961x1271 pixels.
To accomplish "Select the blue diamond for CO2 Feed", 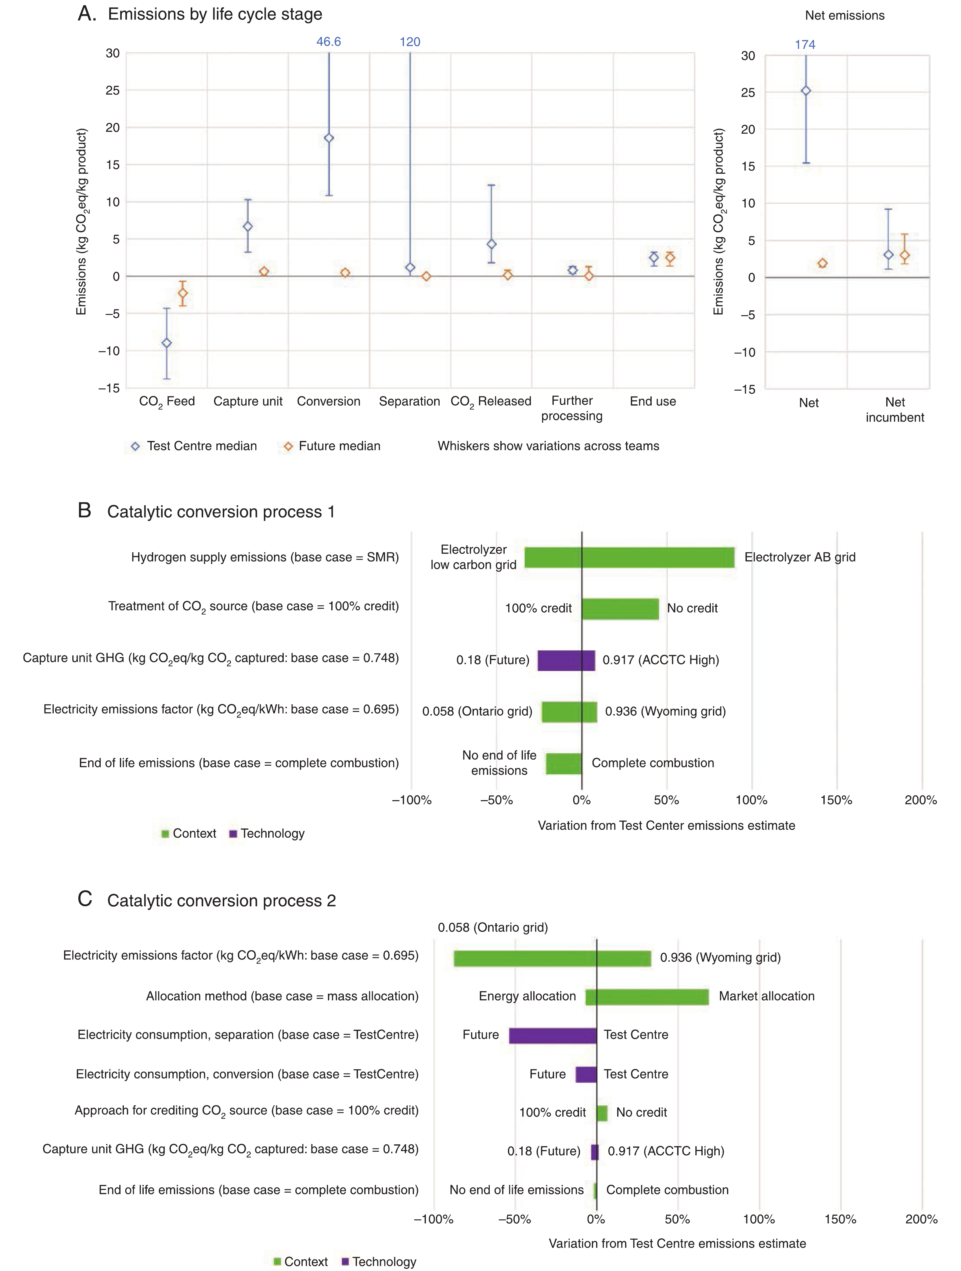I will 167,343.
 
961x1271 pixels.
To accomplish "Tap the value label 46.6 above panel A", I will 329,42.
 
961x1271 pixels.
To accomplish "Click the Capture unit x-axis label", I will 248,401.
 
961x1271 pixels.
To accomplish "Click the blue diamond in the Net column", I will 806,91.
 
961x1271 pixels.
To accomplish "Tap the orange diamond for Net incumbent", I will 905,255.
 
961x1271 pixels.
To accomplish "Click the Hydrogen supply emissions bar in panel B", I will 629,557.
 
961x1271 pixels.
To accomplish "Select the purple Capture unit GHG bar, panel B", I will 566,660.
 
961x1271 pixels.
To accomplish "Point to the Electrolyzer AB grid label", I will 800,557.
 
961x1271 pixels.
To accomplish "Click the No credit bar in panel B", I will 620,608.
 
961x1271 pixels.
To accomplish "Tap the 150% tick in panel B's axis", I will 836,800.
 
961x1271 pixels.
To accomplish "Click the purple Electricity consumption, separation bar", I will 552,1035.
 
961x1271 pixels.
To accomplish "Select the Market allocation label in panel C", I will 766,996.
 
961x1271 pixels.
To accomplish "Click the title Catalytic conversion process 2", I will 221,901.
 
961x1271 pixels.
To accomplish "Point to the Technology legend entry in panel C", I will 384,1262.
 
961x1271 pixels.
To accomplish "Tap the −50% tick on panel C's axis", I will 514,1219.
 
